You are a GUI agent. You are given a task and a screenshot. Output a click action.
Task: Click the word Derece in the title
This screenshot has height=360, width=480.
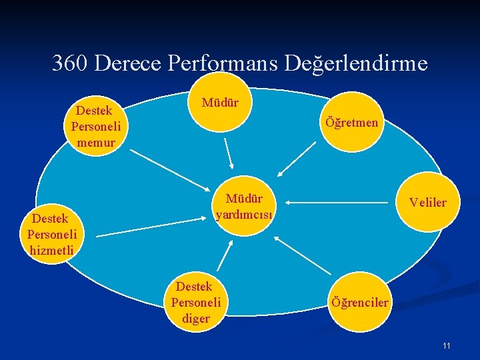pyautogui.click(x=129, y=63)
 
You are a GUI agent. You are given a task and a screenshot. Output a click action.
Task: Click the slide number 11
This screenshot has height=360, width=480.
pyautogui.click(x=446, y=345)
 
